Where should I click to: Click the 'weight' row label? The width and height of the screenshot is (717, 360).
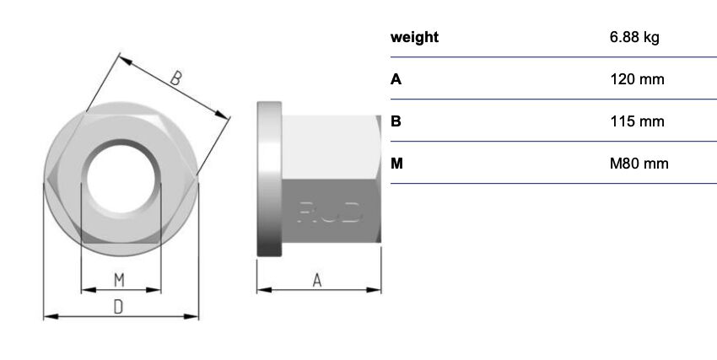coord(414,37)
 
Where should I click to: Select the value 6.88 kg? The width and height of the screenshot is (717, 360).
coord(634,37)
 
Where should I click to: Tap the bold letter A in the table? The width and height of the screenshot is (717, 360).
coord(396,79)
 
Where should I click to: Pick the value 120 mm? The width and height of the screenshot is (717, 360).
coord(637,79)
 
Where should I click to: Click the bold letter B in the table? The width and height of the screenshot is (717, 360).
coord(396,121)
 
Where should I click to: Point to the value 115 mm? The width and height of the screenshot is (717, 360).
coord(637,121)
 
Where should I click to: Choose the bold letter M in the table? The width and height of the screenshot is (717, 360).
coord(397,164)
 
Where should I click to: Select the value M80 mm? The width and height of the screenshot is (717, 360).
coord(639,164)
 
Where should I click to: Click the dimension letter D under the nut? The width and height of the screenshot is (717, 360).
coord(118,307)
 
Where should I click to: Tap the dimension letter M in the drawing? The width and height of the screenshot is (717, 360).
coord(119,280)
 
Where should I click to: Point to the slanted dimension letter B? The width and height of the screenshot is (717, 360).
coord(176,78)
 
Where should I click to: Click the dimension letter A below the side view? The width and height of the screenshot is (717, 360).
coord(317,280)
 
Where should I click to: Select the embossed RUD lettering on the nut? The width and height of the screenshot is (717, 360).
coord(330,212)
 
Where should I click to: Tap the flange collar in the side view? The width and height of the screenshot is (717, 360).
coord(269,179)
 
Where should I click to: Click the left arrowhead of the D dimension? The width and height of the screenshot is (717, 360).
coord(51,316)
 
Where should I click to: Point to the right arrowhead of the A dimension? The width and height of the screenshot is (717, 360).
coord(374,290)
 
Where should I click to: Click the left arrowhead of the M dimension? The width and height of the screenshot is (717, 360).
coord(89,290)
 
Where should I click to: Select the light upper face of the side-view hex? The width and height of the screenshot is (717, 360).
coord(330,147)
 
